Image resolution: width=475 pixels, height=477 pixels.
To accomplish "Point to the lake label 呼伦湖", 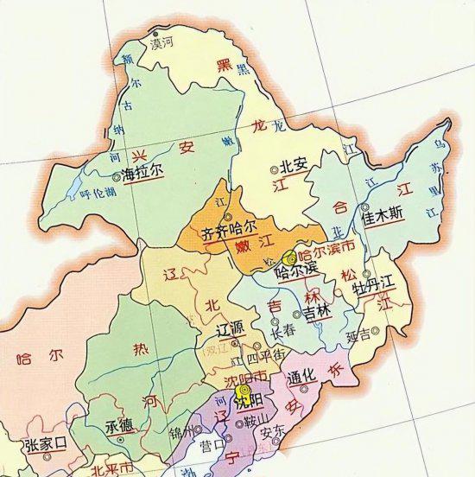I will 97,194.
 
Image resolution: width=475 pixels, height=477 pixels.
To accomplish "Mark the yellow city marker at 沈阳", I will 242,391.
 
